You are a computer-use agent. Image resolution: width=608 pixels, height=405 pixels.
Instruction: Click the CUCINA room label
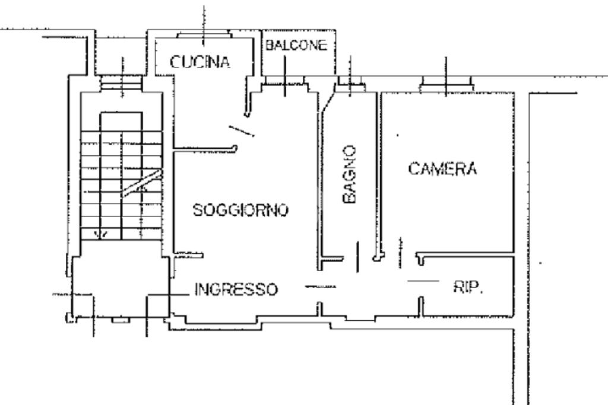click(x=200, y=62)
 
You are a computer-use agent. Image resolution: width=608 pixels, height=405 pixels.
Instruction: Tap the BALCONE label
click(x=296, y=46)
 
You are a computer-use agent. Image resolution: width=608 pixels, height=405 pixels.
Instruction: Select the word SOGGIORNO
click(x=241, y=210)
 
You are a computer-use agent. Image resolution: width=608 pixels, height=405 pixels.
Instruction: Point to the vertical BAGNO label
click(x=350, y=175)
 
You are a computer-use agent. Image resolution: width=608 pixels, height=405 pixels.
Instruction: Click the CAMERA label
click(x=443, y=169)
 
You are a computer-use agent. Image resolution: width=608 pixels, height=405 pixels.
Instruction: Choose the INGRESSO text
click(x=236, y=289)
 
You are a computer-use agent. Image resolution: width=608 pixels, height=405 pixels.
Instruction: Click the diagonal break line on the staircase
click(x=142, y=183)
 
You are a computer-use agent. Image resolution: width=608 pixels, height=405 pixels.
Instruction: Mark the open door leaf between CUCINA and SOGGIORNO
click(x=241, y=130)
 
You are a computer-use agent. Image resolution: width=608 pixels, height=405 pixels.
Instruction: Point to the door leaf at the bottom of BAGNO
click(x=357, y=257)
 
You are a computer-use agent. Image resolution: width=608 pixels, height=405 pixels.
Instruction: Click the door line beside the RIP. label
click(x=423, y=280)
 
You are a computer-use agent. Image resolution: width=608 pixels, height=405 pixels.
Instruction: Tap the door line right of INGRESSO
click(x=320, y=287)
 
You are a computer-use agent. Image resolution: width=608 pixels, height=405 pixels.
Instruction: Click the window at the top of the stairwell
click(x=121, y=84)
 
